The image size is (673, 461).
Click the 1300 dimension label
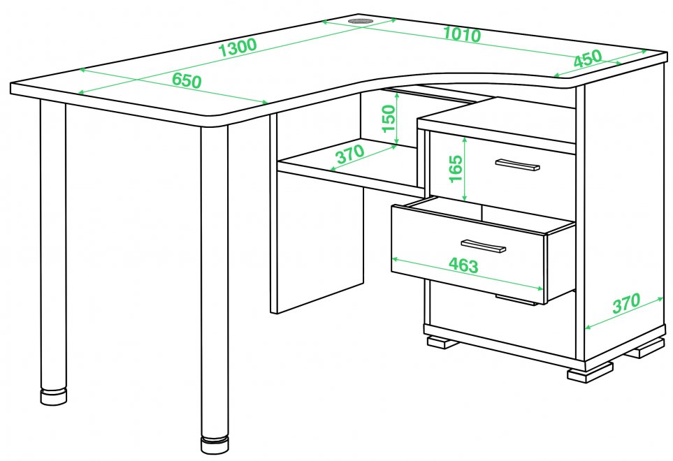(238, 47)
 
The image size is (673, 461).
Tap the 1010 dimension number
(462, 34)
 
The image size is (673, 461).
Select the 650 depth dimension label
(187, 80)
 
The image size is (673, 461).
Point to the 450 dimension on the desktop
(588, 59)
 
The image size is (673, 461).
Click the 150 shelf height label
(388, 119)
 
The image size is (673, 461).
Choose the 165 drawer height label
(456, 168)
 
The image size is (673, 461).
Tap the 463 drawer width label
(463, 265)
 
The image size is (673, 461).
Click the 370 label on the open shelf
(351, 154)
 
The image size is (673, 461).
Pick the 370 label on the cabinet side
(626, 303)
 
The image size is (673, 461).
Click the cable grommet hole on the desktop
(360, 20)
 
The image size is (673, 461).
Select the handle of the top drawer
(517, 165)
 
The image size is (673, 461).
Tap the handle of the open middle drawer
(484, 246)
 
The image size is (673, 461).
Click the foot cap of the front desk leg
(215, 445)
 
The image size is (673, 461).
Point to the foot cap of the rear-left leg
(54, 397)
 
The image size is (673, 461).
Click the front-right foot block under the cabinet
(590, 372)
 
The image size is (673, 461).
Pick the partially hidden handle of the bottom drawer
(517, 300)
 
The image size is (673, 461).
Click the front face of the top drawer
(502, 170)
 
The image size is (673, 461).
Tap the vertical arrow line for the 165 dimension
(465, 169)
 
